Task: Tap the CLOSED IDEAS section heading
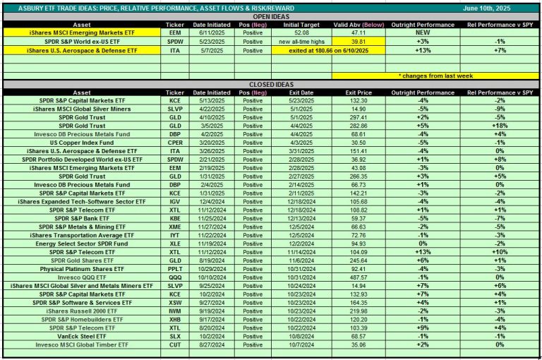[x=271, y=83]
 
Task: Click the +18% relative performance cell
[x=499, y=126]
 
